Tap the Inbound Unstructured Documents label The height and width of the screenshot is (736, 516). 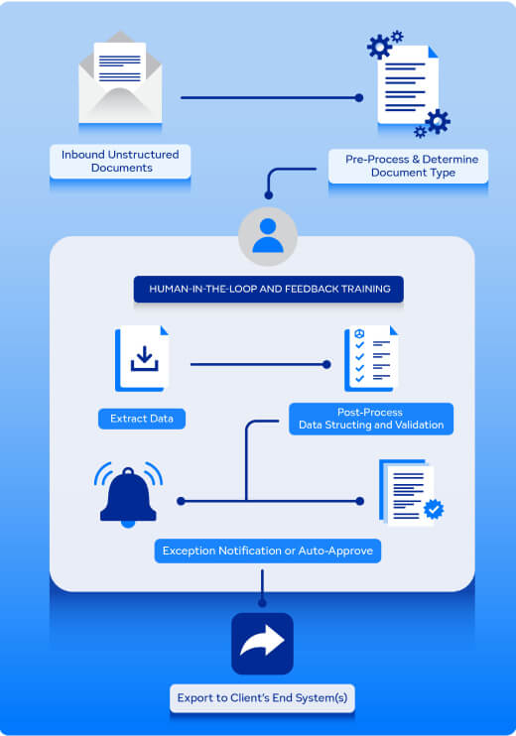click(x=120, y=161)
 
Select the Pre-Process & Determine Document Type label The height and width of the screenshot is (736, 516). click(x=409, y=166)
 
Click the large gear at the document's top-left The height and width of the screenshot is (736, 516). click(x=379, y=47)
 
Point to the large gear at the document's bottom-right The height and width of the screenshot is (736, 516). click(x=438, y=122)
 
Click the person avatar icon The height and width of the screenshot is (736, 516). click(x=268, y=236)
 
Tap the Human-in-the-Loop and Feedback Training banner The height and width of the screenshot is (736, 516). click(x=269, y=289)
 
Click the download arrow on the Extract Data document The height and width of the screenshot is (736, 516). click(x=144, y=358)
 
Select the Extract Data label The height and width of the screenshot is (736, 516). click(x=142, y=419)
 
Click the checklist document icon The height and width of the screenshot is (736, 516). click(x=371, y=358)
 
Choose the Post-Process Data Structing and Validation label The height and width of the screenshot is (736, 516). click(x=371, y=419)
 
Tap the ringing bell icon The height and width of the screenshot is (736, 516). click(x=128, y=495)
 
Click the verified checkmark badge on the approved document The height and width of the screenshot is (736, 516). click(x=434, y=509)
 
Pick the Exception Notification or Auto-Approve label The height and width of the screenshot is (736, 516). click(x=268, y=551)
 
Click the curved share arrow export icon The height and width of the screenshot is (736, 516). click(x=262, y=643)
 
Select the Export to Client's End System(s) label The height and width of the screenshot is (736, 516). click(x=262, y=698)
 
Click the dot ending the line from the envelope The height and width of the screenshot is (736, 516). click(x=359, y=97)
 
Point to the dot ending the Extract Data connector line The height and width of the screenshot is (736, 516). click(x=326, y=364)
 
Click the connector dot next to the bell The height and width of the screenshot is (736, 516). click(x=181, y=501)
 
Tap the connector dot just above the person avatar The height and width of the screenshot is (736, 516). click(x=269, y=195)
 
